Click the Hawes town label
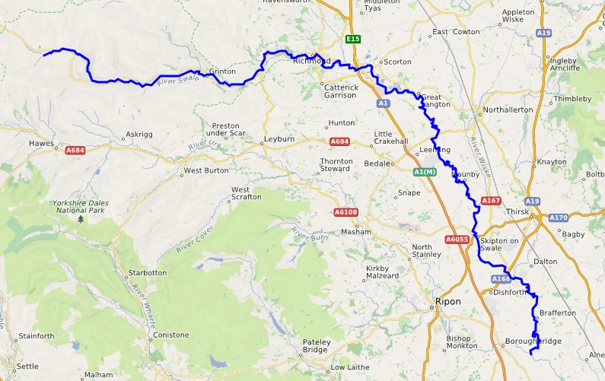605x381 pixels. [x=40, y=143]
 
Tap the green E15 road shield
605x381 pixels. [x=352, y=39]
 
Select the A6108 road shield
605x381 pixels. [x=345, y=212]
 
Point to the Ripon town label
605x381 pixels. [x=448, y=301]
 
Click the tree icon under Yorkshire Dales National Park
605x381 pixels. [x=81, y=219]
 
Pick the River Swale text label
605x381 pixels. [x=172, y=78]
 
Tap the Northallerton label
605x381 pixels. [x=508, y=110]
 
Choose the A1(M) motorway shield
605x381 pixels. [x=424, y=173]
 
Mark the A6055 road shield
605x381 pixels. [x=457, y=240]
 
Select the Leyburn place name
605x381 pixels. [x=278, y=140]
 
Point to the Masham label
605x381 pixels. [x=355, y=232]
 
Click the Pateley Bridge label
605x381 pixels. [x=317, y=346]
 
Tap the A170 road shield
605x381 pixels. [x=559, y=217]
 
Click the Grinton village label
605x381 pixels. [x=221, y=71]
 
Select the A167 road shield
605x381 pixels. [x=491, y=201]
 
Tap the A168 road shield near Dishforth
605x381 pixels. [x=500, y=279]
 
